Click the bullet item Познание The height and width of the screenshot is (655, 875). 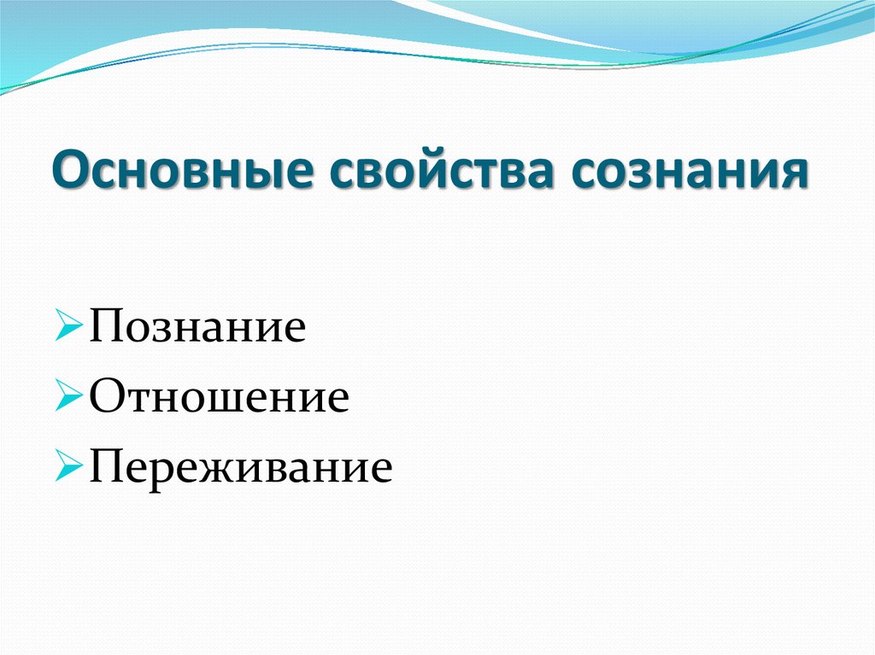pos(197,328)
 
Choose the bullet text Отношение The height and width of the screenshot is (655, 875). pos(219,397)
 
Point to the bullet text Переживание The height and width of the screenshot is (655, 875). pos(240,467)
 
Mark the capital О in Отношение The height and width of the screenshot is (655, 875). pos(106,397)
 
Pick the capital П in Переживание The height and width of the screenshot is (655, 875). pos(105,467)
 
